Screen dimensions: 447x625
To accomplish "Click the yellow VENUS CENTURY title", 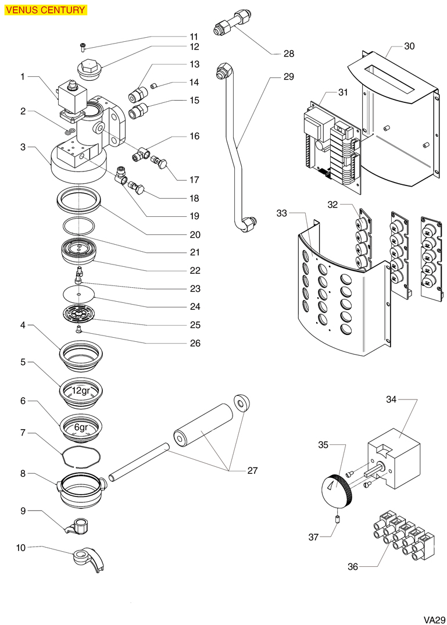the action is click(45, 9).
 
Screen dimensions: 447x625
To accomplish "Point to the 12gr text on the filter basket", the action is click(81, 391).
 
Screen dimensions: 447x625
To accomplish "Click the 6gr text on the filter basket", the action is click(81, 427).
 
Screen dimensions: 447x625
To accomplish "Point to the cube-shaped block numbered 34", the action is click(394, 458).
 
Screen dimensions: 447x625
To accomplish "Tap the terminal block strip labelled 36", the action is click(403, 535).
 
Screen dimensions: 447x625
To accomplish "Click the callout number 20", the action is click(195, 234).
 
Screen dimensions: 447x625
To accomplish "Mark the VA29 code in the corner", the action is click(434, 620).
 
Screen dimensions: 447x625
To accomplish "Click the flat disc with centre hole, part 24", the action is click(79, 295).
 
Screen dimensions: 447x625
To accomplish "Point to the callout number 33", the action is click(282, 213).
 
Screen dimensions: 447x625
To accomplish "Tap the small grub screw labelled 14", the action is click(153, 85).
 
